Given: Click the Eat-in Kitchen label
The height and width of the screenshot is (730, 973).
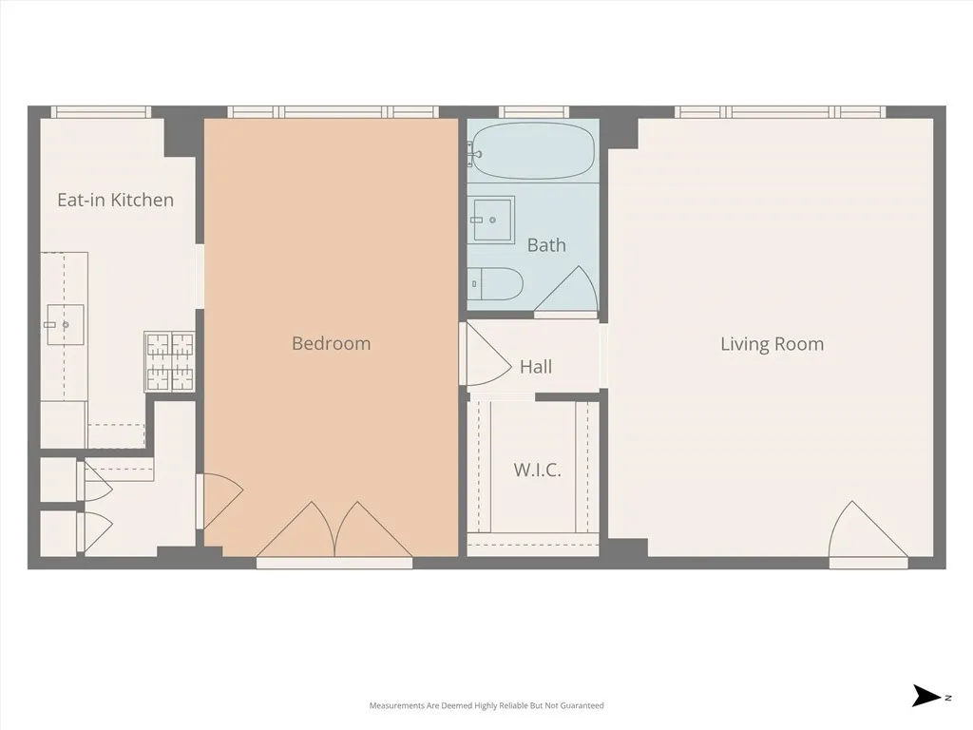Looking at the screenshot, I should [x=115, y=200].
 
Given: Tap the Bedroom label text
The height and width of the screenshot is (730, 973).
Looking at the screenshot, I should [x=331, y=343].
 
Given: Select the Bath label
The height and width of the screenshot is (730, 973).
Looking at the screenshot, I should [x=546, y=245].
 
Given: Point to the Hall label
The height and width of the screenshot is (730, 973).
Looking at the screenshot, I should [x=536, y=367].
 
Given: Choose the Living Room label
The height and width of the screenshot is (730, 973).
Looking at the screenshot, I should [x=772, y=344].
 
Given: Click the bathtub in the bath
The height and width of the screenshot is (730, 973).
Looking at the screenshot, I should [x=532, y=150].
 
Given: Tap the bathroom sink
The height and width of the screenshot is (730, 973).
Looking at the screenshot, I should [x=491, y=220].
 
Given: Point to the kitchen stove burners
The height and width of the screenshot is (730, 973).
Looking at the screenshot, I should [x=169, y=361].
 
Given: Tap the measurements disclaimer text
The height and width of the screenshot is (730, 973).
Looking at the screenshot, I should [x=486, y=705].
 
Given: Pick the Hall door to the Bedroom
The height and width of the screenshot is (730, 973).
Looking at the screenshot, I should [x=483, y=355].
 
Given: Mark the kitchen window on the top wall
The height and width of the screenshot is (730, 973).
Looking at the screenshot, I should [x=101, y=112].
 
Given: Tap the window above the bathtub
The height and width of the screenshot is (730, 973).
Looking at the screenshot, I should [x=534, y=112].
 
